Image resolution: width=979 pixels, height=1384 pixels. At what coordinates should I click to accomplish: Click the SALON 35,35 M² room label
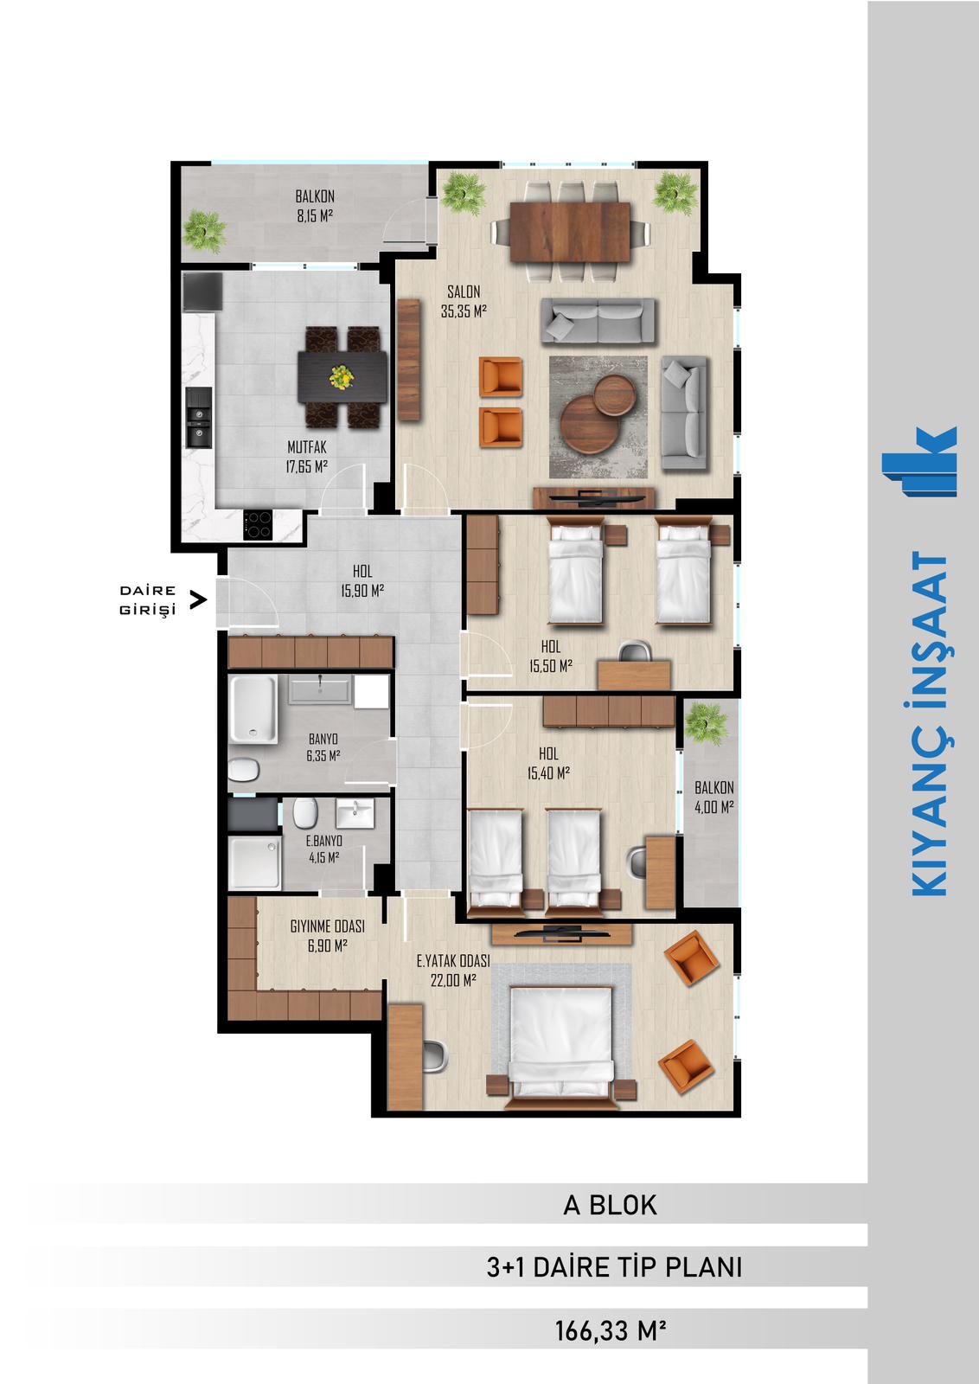click(464, 302)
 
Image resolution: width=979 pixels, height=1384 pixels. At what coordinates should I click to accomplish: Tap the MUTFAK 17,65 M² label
click(306, 457)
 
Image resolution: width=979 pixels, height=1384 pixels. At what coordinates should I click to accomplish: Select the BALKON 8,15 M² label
click(315, 206)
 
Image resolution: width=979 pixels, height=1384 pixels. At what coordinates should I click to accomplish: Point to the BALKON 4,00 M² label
click(714, 797)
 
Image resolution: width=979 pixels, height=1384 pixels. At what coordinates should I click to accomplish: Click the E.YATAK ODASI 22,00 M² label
click(453, 970)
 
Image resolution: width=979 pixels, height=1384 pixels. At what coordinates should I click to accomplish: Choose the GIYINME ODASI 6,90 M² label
click(328, 936)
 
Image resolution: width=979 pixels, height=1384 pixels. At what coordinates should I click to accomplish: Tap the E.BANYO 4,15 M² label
click(324, 849)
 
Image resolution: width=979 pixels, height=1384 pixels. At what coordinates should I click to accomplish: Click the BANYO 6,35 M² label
click(323, 747)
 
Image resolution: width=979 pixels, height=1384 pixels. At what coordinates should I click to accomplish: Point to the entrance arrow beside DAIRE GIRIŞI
click(198, 599)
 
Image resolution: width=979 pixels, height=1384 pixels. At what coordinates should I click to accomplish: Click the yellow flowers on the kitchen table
click(342, 376)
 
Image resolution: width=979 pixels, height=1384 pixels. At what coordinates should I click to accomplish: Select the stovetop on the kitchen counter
click(258, 524)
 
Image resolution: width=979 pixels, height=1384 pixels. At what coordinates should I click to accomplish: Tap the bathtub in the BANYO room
click(253, 708)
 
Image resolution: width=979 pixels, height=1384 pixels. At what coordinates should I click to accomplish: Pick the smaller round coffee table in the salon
click(615, 394)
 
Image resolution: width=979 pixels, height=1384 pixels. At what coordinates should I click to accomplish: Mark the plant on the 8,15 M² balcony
click(204, 232)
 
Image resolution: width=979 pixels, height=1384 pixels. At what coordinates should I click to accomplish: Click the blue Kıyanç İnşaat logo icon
click(919, 461)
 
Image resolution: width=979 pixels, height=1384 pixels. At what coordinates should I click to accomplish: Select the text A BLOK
click(611, 1205)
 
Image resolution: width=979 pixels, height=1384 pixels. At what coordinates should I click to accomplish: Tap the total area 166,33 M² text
click(611, 1331)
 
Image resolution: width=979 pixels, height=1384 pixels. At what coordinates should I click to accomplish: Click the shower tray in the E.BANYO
click(254, 863)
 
